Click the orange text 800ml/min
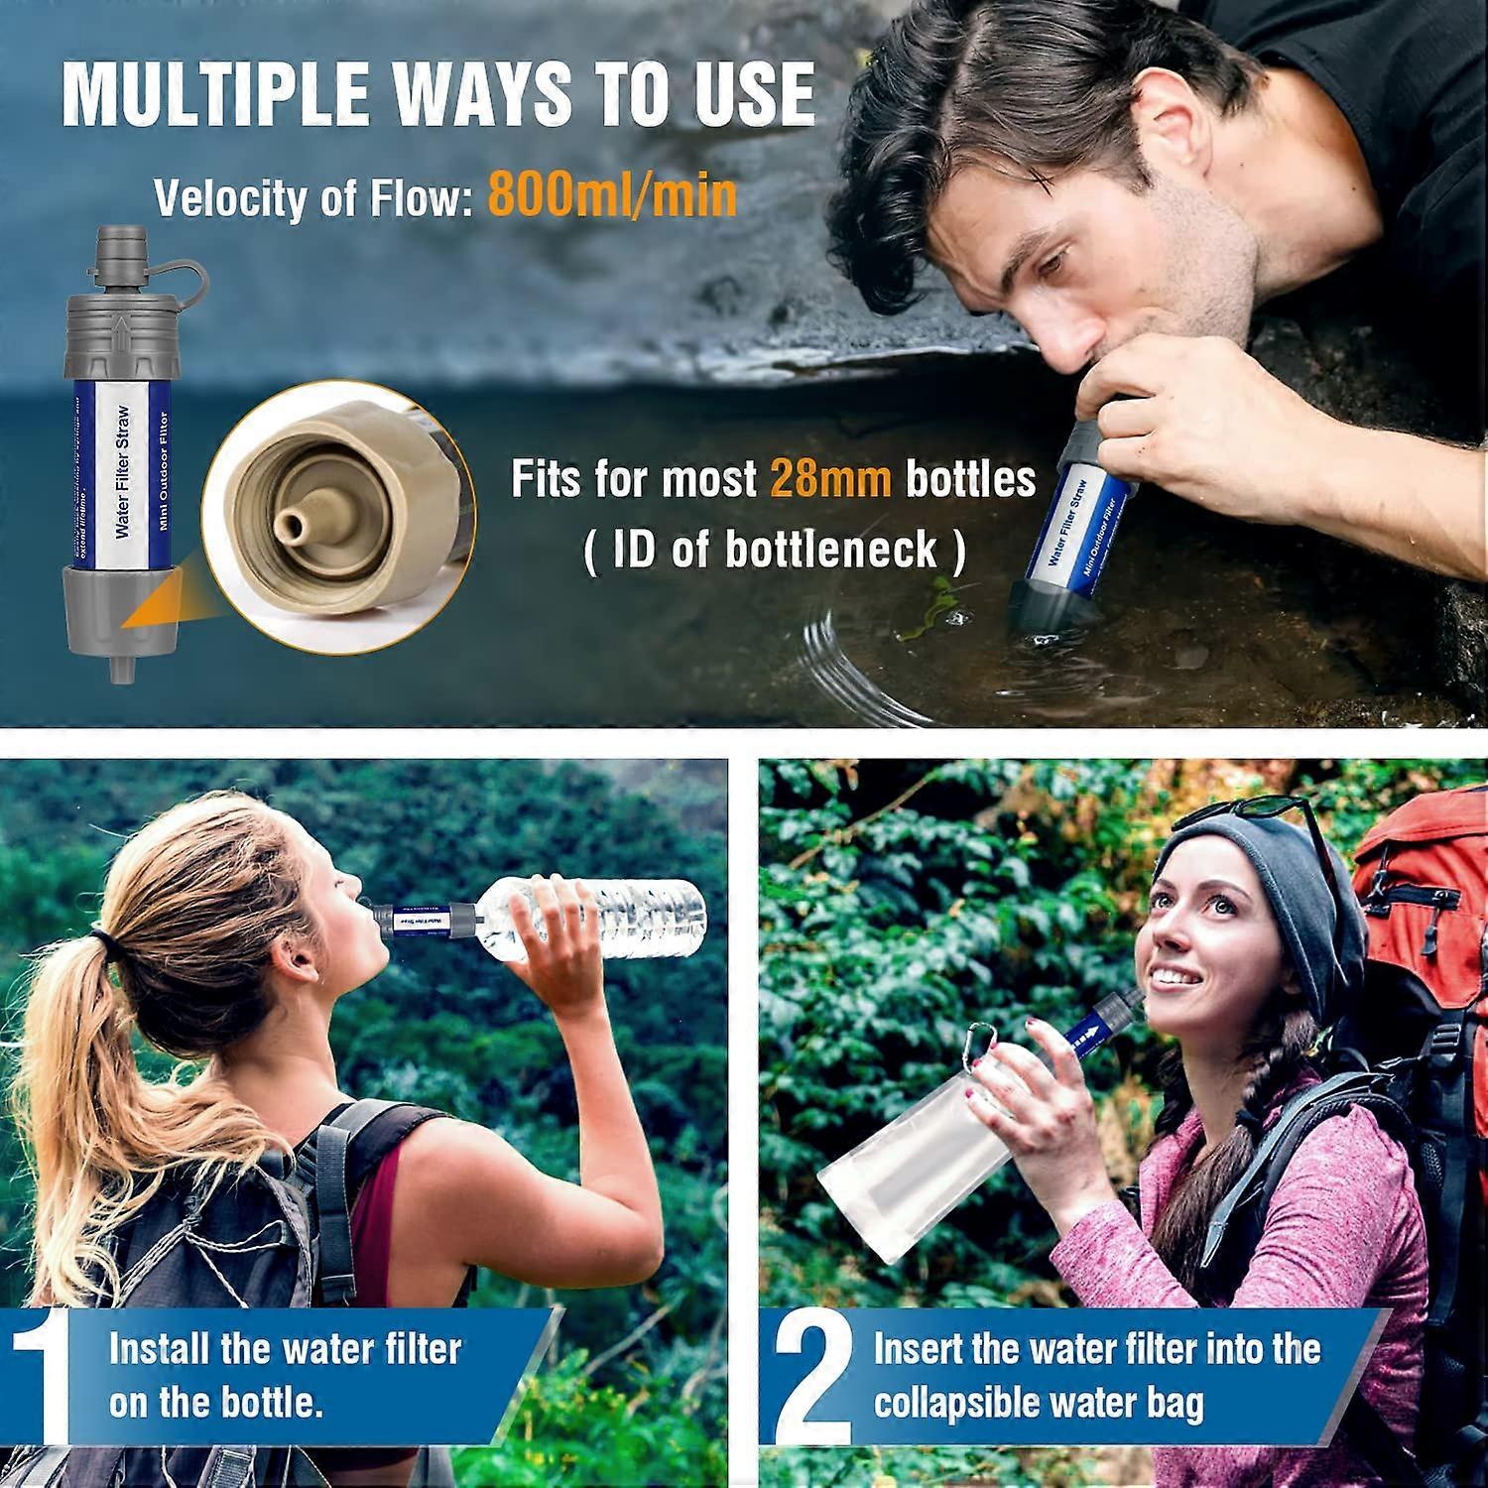(x=612, y=196)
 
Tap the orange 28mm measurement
(x=831, y=479)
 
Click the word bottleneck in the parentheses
(x=830, y=550)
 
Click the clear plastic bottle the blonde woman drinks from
(x=595, y=918)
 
